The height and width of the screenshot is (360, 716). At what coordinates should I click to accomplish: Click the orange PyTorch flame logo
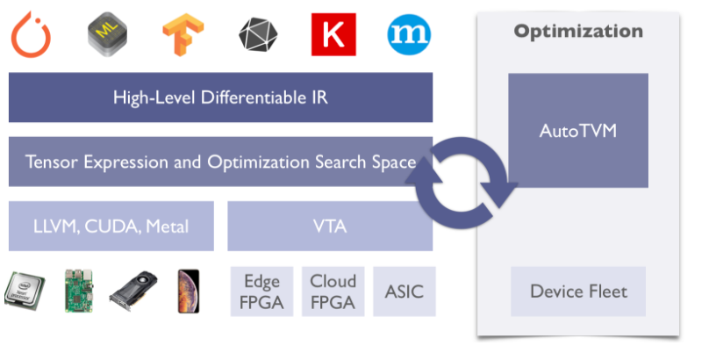[31, 33]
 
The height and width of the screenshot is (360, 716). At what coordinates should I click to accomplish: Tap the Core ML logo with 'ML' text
[107, 33]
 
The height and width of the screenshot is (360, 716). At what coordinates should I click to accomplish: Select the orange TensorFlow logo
[183, 34]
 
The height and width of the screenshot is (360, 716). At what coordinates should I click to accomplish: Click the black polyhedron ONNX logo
[258, 34]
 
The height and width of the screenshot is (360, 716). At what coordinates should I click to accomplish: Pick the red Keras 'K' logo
[333, 34]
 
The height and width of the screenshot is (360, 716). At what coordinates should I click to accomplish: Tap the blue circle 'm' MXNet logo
[409, 34]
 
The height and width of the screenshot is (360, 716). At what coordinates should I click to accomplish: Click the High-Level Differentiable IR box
[220, 97]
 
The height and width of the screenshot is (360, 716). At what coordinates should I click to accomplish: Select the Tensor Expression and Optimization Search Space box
[220, 162]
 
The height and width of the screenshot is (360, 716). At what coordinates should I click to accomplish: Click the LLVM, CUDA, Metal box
[111, 227]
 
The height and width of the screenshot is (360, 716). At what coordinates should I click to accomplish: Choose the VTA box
[330, 227]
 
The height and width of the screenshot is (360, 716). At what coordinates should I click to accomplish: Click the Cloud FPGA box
[333, 292]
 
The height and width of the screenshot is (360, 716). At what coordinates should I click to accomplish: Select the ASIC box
[404, 292]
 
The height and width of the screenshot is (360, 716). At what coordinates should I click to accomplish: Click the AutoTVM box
[578, 131]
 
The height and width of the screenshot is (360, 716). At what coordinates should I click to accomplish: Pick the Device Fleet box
[578, 292]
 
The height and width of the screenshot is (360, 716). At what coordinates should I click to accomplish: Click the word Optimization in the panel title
[578, 32]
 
